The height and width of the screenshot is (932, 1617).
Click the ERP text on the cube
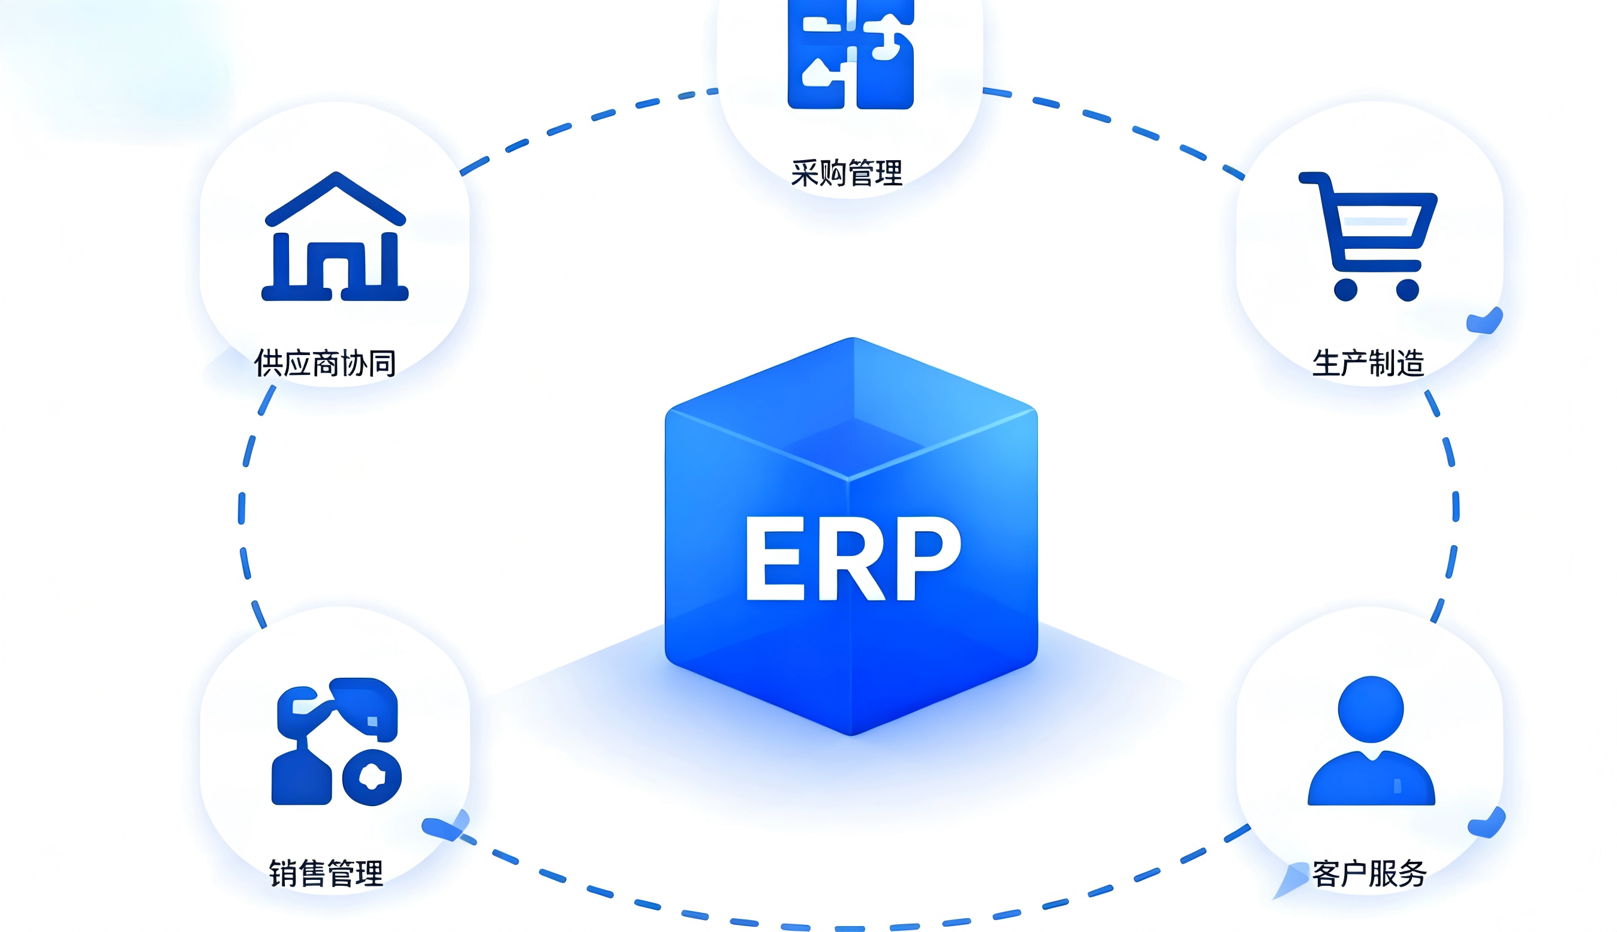pyautogui.click(x=853, y=558)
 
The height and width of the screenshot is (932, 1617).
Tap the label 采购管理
pyautogui.click(x=847, y=173)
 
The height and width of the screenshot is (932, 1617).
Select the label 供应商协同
pyautogui.click(x=325, y=363)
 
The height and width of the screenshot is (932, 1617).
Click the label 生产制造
pyautogui.click(x=1368, y=363)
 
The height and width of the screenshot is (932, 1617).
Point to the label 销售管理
pyautogui.click(x=326, y=874)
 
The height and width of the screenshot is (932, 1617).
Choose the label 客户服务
pyautogui.click(x=1369, y=874)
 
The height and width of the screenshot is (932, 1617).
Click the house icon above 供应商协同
pyautogui.click(x=335, y=236)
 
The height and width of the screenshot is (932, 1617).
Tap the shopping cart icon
pyautogui.click(x=1368, y=236)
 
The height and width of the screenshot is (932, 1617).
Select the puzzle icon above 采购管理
pyautogui.click(x=850, y=55)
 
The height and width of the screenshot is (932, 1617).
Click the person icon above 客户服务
pyautogui.click(x=1371, y=741)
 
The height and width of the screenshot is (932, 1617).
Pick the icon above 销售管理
pyautogui.click(x=336, y=741)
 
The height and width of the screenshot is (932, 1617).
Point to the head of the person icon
pyautogui.click(x=1371, y=709)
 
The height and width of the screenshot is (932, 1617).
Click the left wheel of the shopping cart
pyautogui.click(x=1345, y=289)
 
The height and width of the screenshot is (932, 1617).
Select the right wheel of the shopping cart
pyautogui.click(x=1408, y=289)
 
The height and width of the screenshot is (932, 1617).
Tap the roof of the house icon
pyautogui.click(x=335, y=198)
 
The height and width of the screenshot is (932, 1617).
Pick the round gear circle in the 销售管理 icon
pyautogui.click(x=372, y=777)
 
